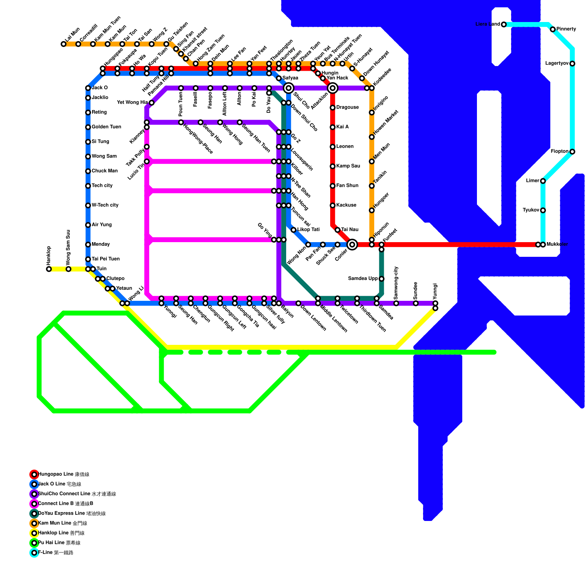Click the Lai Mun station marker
(x=63, y=44)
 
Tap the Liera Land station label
(x=488, y=24)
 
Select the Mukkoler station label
(x=557, y=244)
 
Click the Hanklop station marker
(x=49, y=269)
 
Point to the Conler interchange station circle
(x=352, y=244)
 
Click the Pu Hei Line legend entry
(x=59, y=543)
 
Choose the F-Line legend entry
(x=55, y=553)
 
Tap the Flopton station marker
(x=572, y=152)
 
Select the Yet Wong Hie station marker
(x=152, y=103)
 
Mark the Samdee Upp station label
(x=362, y=278)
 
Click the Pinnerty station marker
(x=553, y=29)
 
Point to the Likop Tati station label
(x=308, y=230)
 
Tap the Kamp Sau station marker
(x=332, y=166)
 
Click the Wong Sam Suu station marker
(x=68, y=269)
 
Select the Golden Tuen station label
(x=106, y=127)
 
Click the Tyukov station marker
(x=543, y=210)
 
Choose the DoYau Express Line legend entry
(x=72, y=514)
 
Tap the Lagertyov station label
(x=557, y=63)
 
